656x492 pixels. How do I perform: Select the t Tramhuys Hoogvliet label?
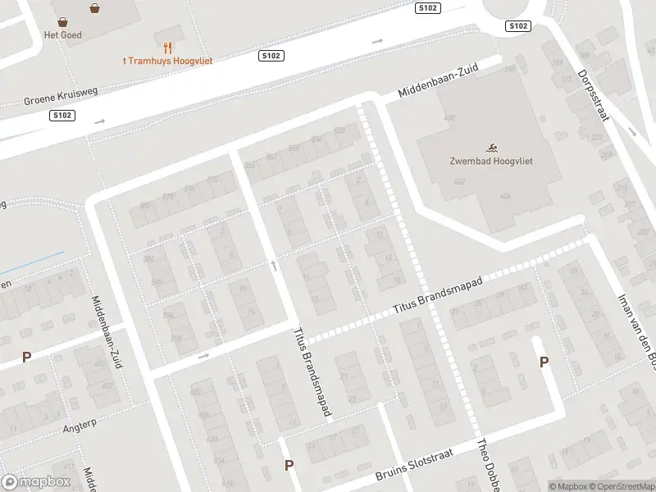[x=167, y=61]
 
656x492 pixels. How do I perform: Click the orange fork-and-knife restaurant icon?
[x=167, y=48]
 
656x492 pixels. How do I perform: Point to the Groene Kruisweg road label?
[x=61, y=96]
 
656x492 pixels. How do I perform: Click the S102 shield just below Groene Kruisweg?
[x=62, y=116]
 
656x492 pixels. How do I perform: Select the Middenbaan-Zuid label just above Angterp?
[x=107, y=331]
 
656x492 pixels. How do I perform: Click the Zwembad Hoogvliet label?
[x=491, y=161]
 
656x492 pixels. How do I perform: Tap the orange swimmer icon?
[x=491, y=147]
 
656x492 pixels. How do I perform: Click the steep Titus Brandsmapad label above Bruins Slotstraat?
[x=312, y=372]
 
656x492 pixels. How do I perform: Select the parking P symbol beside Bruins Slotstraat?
[x=289, y=465]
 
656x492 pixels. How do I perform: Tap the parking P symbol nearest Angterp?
[x=26, y=358]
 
